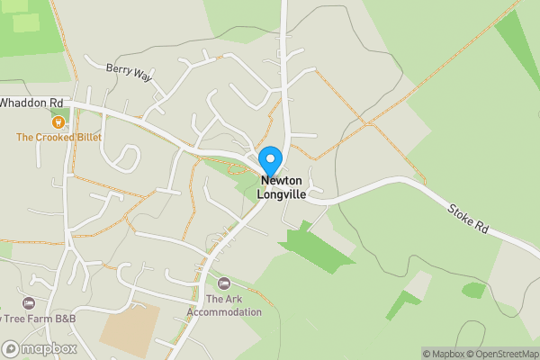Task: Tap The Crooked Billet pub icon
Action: pyautogui.click(x=58, y=121)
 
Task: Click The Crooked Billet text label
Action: pyautogui.click(x=58, y=138)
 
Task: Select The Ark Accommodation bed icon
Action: pyautogui.click(x=224, y=283)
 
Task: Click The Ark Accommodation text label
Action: pyautogui.click(x=224, y=306)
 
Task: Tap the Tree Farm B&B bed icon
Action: pyautogui.click(x=29, y=303)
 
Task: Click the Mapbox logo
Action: pyautogui.click(x=40, y=348)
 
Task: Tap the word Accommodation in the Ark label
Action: pyautogui.click(x=224, y=312)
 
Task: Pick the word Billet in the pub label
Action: pyautogui.click(x=86, y=138)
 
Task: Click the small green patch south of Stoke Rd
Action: pyautogui.click(x=473, y=290)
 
